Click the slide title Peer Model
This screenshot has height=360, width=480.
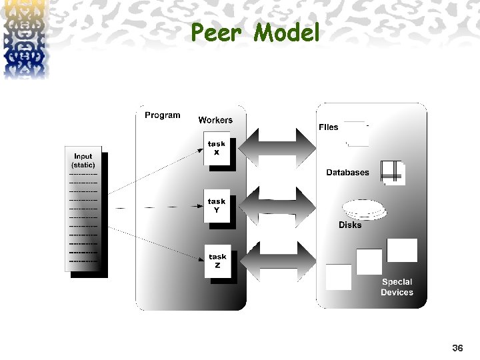(255, 32)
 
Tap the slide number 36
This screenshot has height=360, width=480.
(457, 348)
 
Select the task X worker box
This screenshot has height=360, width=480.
(216, 148)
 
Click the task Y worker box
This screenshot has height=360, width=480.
(216, 205)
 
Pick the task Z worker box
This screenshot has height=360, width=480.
(217, 261)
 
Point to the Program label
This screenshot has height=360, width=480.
(162, 115)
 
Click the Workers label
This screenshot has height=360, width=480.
(215, 120)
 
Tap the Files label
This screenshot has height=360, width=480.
(328, 127)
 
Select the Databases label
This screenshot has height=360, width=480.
(347, 173)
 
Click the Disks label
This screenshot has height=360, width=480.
(350, 225)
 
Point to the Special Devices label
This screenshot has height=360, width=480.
(397, 287)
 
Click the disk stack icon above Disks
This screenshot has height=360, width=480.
(363, 209)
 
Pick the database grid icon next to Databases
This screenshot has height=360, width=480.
(393, 172)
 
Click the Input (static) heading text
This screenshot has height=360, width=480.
(83, 161)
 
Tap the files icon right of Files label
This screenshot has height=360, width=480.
(357, 133)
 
